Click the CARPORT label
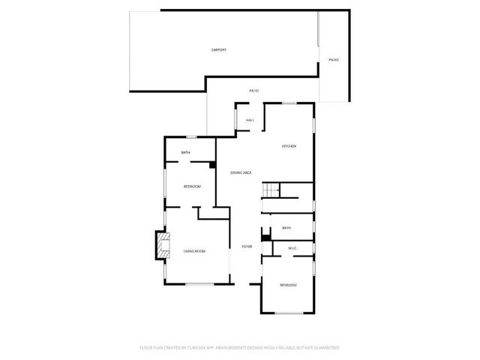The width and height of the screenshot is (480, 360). (x=218, y=49)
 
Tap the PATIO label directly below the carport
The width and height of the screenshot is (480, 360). (x=254, y=91)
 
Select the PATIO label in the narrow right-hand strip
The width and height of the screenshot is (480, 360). (x=334, y=60)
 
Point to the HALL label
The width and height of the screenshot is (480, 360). (x=250, y=120)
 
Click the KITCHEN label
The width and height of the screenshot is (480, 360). (x=289, y=145)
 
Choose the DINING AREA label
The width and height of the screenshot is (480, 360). (x=240, y=172)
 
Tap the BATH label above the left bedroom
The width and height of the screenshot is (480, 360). (x=185, y=153)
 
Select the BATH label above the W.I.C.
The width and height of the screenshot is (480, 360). (x=286, y=227)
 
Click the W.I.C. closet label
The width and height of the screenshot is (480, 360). (x=292, y=247)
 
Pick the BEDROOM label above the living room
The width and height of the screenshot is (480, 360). (x=193, y=186)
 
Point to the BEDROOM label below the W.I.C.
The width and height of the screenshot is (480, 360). (x=288, y=285)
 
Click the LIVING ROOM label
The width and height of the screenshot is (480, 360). (x=194, y=251)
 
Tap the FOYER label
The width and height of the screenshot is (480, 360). (x=246, y=247)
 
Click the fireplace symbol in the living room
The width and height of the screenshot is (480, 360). (x=161, y=244)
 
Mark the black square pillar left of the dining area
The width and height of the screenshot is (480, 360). (x=213, y=165)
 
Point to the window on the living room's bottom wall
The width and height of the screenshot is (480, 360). (x=199, y=283)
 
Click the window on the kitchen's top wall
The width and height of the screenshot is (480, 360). (x=289, y=103)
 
